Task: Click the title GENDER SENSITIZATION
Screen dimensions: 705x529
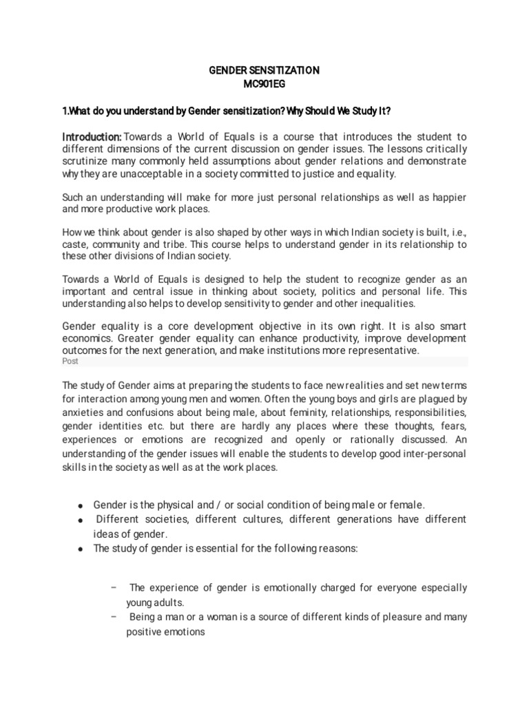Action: [x=264, y=70]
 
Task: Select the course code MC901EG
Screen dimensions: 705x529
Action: [x=264, y=84]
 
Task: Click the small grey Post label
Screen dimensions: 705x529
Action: [x=70, y=361]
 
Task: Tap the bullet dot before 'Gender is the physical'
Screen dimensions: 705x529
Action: [x=81, y=505]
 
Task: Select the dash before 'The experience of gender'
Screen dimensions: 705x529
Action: [x=113, y=587]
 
